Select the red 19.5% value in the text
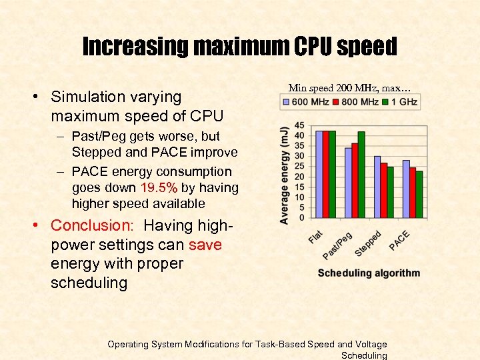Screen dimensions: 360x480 tap(159, 187)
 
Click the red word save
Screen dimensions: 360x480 tap(205, 245)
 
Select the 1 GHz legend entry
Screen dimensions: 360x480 tap(400, 101)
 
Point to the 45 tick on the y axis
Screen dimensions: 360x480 tap(299, 125)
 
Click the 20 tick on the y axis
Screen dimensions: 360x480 tap(299, 177)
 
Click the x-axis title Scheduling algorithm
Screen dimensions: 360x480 tap(369, 273)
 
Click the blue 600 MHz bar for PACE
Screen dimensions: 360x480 tap(406, 189)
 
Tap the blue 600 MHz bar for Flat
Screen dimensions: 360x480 tap(318, 174)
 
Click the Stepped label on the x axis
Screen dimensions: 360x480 tap(369, 243)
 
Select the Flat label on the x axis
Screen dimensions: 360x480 tap(315, 235)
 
